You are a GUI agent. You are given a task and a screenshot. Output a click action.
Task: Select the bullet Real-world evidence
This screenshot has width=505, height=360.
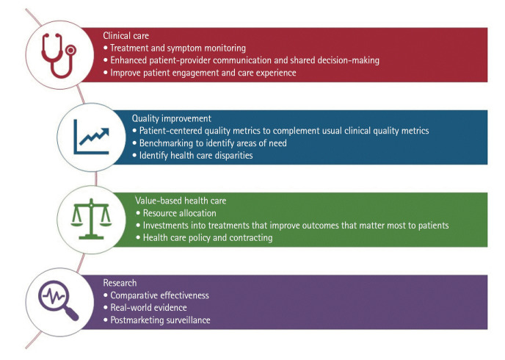tap(147, 308)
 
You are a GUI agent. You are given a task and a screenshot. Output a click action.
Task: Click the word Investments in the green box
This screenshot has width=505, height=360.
tap(167, 226)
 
